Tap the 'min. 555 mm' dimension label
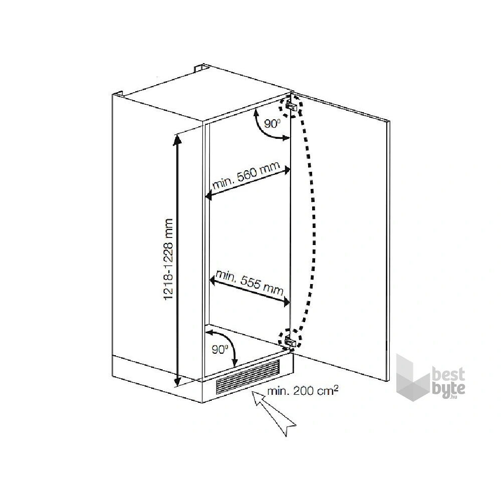tap(249, 282)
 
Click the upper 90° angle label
tap(273, 123)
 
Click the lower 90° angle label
tap(219, 350)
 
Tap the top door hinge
tap(292, 105)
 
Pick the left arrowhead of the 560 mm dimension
tap(208, 195)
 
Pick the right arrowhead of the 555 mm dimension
tap(286, 302)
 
